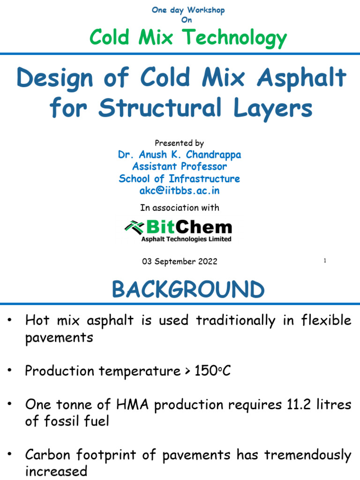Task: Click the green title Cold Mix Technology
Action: click(x=188, y=37)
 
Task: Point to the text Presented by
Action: click(x=180, y=143)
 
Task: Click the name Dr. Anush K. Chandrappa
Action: click(x=180, y=154)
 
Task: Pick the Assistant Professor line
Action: click(x=180, y=166)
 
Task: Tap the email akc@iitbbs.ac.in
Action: click(x=180, y=191)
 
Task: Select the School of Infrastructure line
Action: click(x=180, y=179)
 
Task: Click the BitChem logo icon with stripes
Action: click(x=135, y=227)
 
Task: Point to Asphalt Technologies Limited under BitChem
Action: click(x=186, y=239)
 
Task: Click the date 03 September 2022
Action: click(x=180, y=262)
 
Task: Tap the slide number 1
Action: click(x=324, y=261)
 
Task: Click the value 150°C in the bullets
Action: click(x=211, y=371)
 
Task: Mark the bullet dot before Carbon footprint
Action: click(x=10, y=454)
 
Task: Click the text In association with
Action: click(x=180, y=208)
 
